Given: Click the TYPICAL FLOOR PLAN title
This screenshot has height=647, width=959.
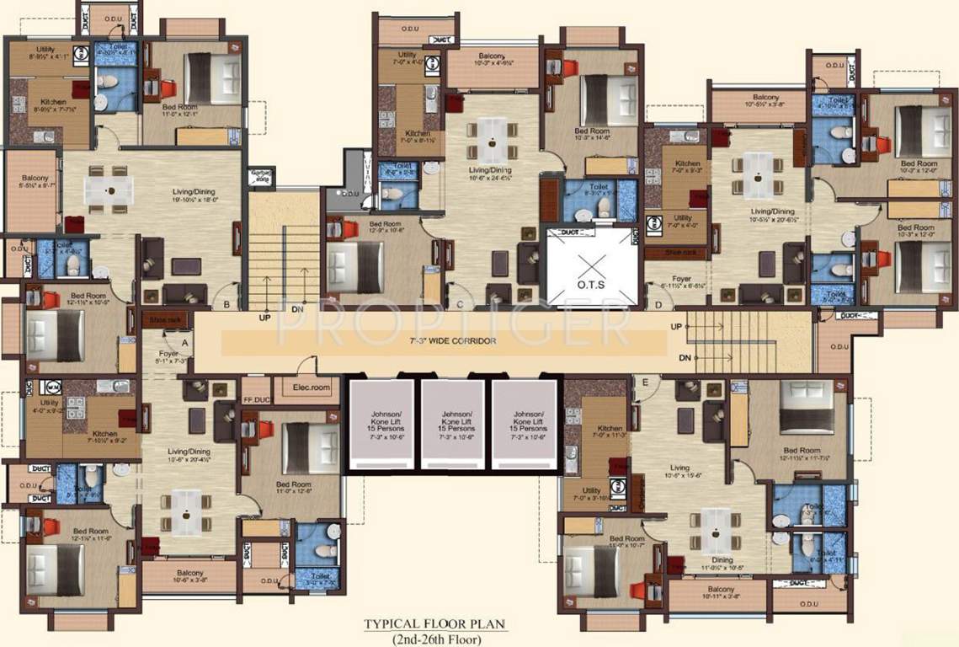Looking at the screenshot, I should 434,624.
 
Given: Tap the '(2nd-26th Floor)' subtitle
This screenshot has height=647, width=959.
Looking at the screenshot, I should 434,638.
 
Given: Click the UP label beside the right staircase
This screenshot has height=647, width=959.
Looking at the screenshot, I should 676,326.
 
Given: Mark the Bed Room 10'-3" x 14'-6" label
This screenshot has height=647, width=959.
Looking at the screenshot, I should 592,136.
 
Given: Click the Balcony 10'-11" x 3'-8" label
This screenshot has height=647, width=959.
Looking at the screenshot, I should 722,593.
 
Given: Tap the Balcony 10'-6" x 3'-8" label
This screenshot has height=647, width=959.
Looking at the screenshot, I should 190,577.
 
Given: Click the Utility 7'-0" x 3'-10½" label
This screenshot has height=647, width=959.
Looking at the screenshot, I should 591,495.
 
